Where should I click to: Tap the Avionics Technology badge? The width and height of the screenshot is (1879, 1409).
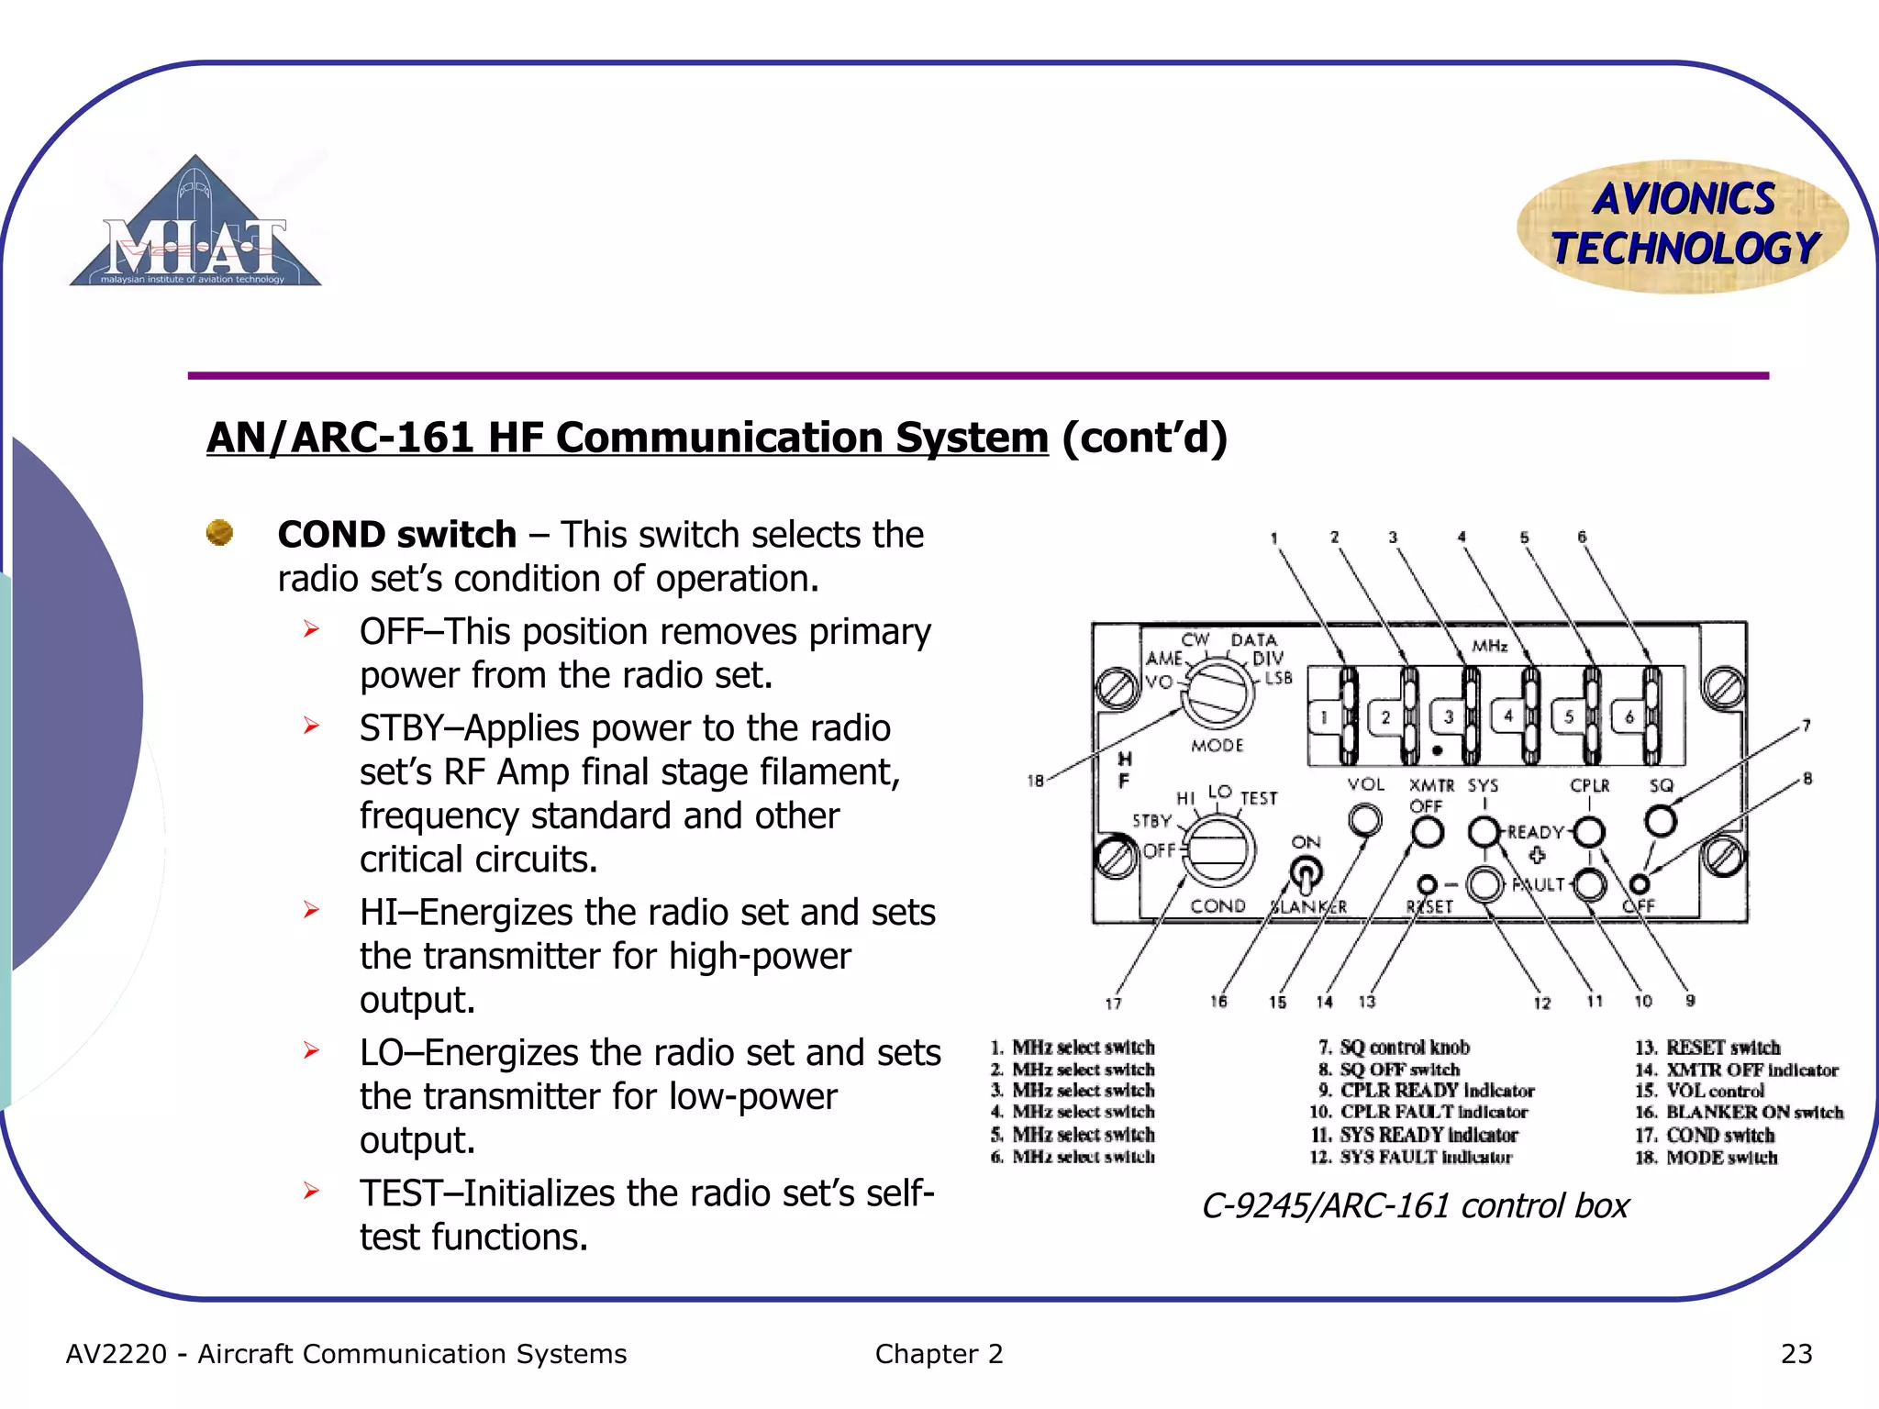pos(1683,226)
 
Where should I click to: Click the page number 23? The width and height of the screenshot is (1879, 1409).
pos(1796,1354)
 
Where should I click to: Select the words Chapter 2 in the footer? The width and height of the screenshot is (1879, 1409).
pos(939,1354)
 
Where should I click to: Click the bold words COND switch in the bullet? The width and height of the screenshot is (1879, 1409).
pos(396,535)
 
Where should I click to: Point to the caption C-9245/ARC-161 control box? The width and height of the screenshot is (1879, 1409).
pos(1415,1206)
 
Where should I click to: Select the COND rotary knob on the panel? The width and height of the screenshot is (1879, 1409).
pos(1218,851)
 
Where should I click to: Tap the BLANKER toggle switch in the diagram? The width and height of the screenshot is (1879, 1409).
pos(1306,873)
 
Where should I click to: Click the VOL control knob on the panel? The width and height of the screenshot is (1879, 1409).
pos(1365,819)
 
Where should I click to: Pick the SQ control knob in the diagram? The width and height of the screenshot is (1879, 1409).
pos(1661,820)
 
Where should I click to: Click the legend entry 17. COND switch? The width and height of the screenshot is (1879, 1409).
pos(1704,1136)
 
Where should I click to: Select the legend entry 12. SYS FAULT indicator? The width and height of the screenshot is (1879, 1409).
pos(1411,1158)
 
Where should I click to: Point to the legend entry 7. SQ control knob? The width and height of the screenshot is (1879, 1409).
pos(1394,1048)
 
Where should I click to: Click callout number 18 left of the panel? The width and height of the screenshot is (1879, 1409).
pos(1035,781)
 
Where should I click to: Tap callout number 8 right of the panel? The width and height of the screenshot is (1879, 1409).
pos(1807,779)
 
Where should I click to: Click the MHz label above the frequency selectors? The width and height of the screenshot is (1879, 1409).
pos(1490,646)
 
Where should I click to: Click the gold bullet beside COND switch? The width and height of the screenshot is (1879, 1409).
pos(219,533)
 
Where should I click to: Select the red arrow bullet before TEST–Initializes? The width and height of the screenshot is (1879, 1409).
pos(312,1192)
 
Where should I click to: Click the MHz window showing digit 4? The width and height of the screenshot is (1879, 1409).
pos(1507,716)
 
